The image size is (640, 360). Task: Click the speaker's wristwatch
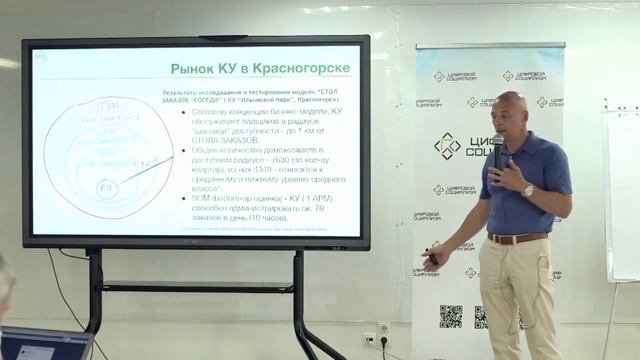[528, 189]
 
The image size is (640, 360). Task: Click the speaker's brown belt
[516, 238]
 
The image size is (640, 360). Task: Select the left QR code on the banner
[450, 316]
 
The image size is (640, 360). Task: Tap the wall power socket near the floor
[383, 329]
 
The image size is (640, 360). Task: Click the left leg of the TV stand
[94, 300]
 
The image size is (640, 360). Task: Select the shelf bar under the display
[196, 288]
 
